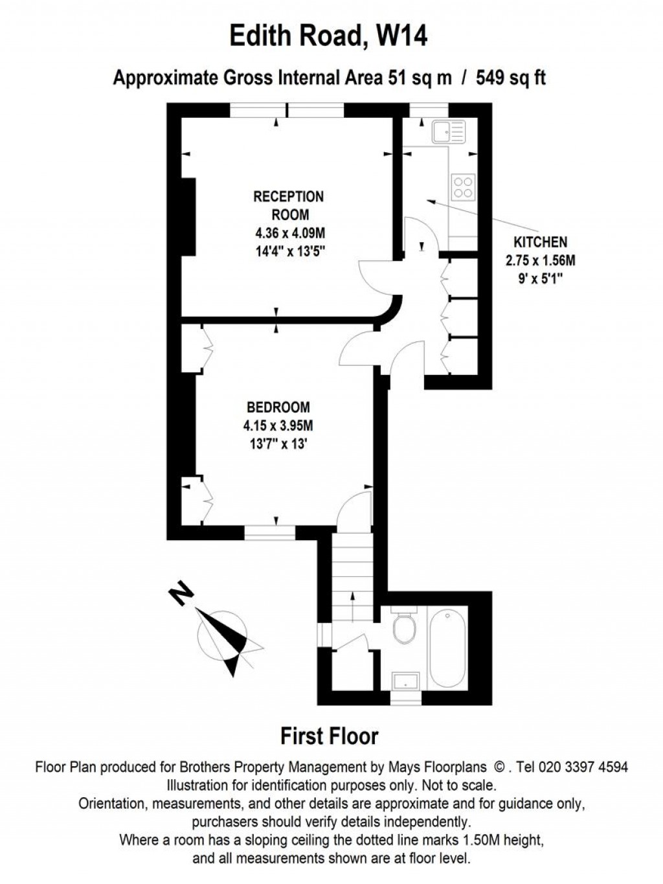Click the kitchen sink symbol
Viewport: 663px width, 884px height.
pos(448,131)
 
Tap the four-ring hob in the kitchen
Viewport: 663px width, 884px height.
pos(463,187)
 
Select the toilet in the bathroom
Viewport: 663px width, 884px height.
pos(405,627)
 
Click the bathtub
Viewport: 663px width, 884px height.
pos(447,648)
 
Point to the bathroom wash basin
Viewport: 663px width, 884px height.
pos(406,681)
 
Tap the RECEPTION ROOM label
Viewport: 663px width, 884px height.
pos(288,205)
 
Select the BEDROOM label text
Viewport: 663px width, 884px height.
pos(278,407)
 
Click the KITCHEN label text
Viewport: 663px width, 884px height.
pos(540,242)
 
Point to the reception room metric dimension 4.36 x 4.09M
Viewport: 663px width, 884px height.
pos(289,233)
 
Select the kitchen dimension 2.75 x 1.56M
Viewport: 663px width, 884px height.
pos(540,260)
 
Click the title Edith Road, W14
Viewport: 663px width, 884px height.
pos(329,36)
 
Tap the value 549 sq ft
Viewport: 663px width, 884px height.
pos(511,78)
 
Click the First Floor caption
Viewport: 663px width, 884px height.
pos(329,736)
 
